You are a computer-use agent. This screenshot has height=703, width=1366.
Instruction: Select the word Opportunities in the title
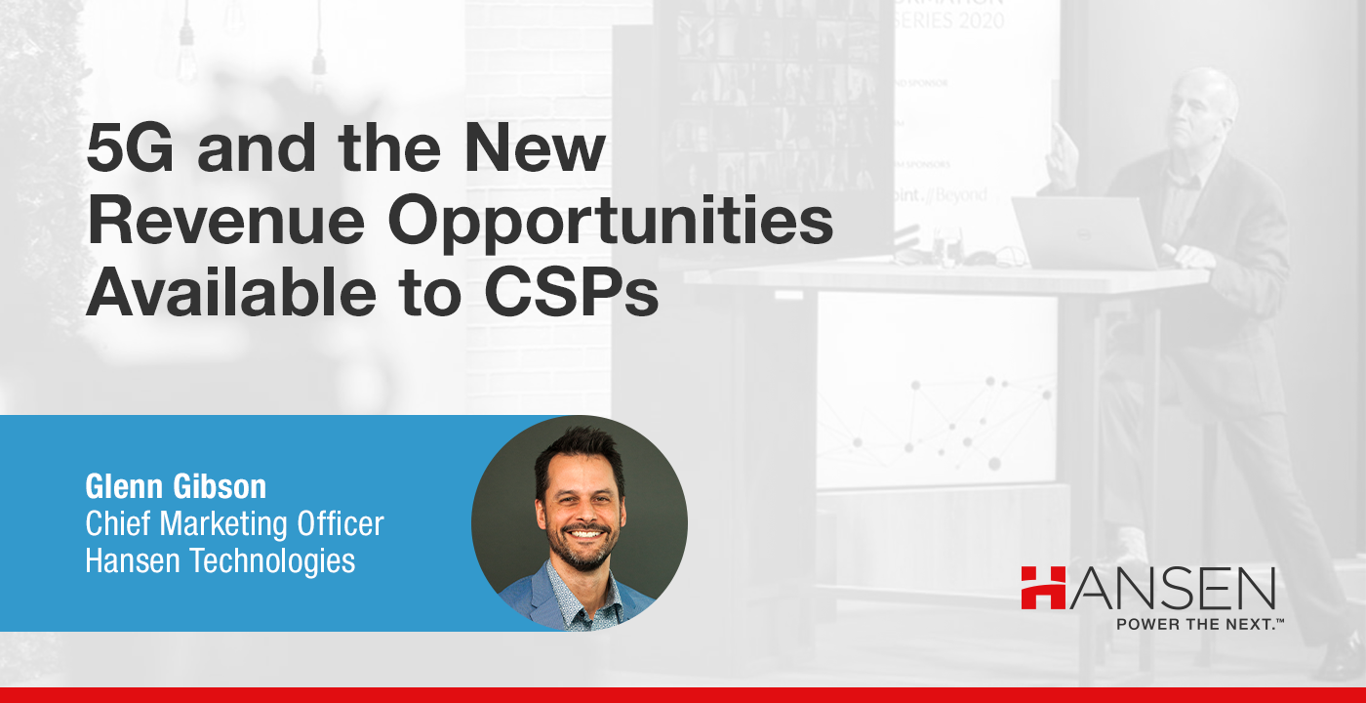(612, 224)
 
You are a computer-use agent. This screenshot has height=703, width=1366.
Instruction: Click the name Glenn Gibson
(176, 486)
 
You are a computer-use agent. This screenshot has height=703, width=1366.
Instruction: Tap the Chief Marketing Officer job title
(234, 523)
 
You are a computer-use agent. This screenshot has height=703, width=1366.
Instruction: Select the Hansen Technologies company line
(221, 560)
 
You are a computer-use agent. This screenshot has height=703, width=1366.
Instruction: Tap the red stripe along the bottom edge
(683, 695)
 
